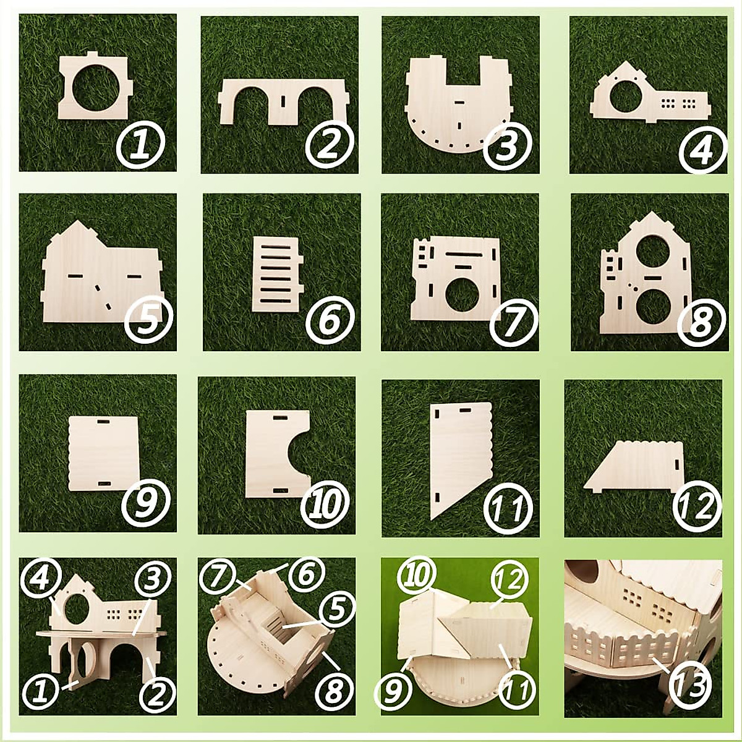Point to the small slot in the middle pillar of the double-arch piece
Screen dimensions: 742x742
coord(282,101)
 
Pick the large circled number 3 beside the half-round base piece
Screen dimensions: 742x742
coord(508,145)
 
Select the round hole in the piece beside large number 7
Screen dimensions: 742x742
coord(459,292)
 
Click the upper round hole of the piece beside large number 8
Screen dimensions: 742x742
coord(647,250)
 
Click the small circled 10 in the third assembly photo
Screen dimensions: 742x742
coord(416,577)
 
